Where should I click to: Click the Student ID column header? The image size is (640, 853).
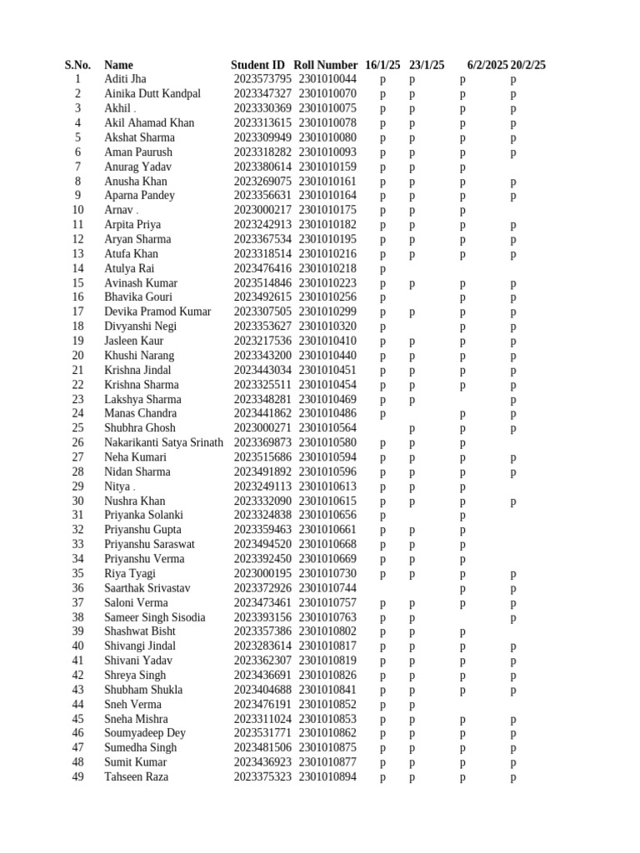click(x=257, y=65)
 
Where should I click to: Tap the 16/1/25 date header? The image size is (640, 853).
click(x=382, y=65)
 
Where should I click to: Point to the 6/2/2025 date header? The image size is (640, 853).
click(x=487, y=65)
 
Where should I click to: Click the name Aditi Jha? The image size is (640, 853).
click(x=125, y=79)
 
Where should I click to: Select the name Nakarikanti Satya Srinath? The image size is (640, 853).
click(x=163, y=442)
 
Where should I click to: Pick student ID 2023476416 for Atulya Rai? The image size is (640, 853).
click(x=262, y=268)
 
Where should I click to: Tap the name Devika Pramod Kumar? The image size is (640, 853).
click(x=157, y=312)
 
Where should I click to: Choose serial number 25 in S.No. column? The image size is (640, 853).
click(x=77, y=428)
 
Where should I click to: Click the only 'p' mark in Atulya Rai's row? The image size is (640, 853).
click(x=383, y=269)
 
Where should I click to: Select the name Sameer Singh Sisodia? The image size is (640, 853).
click(x=156, y=617)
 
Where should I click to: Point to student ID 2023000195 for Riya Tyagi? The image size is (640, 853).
click(x=262, y=574)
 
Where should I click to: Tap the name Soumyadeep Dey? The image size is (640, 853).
click(x=145, y=733)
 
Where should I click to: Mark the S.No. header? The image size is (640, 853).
click(x=77, y=65)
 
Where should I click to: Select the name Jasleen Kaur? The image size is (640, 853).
click(x=133, y=341)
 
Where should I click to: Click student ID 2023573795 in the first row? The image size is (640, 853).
click(x=262, y=79)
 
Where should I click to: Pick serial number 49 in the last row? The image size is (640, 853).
click(x=77, y=777)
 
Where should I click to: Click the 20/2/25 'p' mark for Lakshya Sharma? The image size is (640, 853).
click(x=513, y=400)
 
